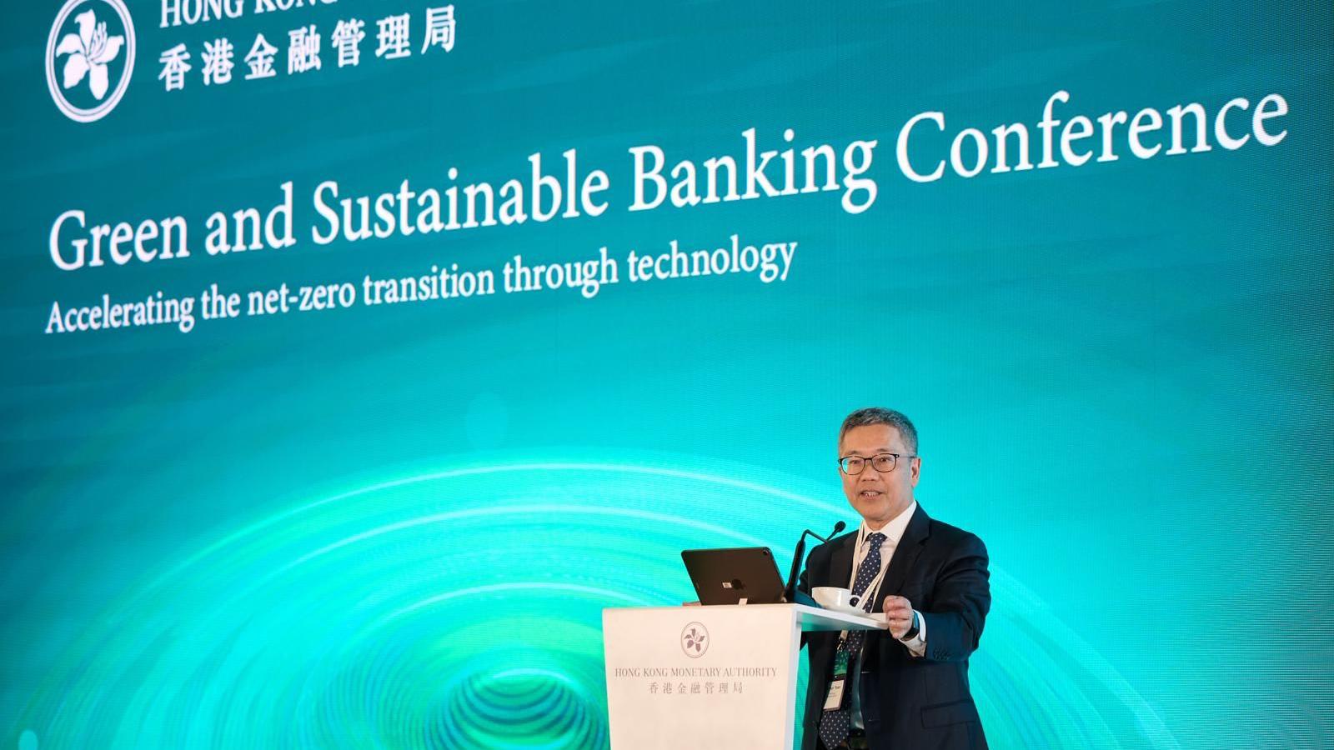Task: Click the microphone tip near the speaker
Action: pos(837,527)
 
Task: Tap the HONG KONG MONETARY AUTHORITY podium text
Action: pos(695,672)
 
